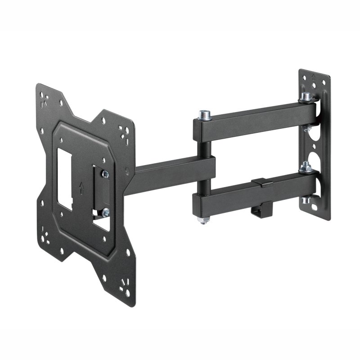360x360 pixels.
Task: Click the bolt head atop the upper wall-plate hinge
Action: coord(306,96)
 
